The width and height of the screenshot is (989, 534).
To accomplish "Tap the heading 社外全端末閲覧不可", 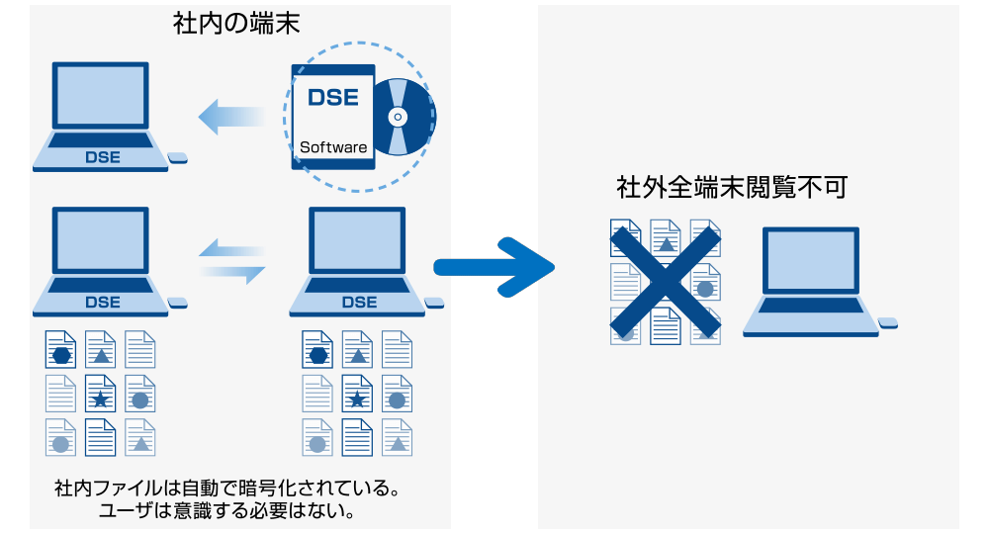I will pos(731,187).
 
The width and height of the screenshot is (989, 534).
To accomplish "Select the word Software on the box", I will pos(333,147).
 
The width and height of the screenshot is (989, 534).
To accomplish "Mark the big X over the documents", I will pos(665,282).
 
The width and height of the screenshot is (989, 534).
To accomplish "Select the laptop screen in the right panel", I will pos(811,260).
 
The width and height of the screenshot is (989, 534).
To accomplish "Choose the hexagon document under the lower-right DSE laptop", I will pos(317,350).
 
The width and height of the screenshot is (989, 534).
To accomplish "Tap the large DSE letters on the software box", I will pos(333,97).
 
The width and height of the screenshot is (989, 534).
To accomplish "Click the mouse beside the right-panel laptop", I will pos(887,322).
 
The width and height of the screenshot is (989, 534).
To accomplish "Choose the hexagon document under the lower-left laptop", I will pos(60,350).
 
